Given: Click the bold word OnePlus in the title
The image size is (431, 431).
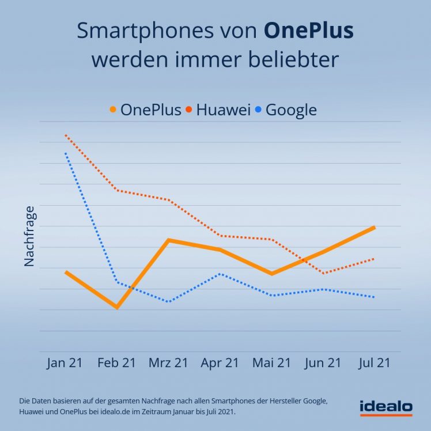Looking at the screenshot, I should tap(308, 31).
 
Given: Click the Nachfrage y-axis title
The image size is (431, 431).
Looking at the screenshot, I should tap(29, 236).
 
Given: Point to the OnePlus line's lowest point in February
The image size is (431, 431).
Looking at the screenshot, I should tap(117, 307).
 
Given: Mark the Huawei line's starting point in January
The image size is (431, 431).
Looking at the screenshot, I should tap(66, 135).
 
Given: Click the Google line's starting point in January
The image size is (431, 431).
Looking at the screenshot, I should tap(66, 153).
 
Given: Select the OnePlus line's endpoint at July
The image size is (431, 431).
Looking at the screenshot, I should tap(375, 228).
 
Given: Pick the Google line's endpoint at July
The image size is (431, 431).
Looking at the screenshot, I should tap(375, 297).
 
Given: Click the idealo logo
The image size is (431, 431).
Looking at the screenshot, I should tap(385, 407).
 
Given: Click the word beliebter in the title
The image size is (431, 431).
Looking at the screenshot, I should tap(290, 59).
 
